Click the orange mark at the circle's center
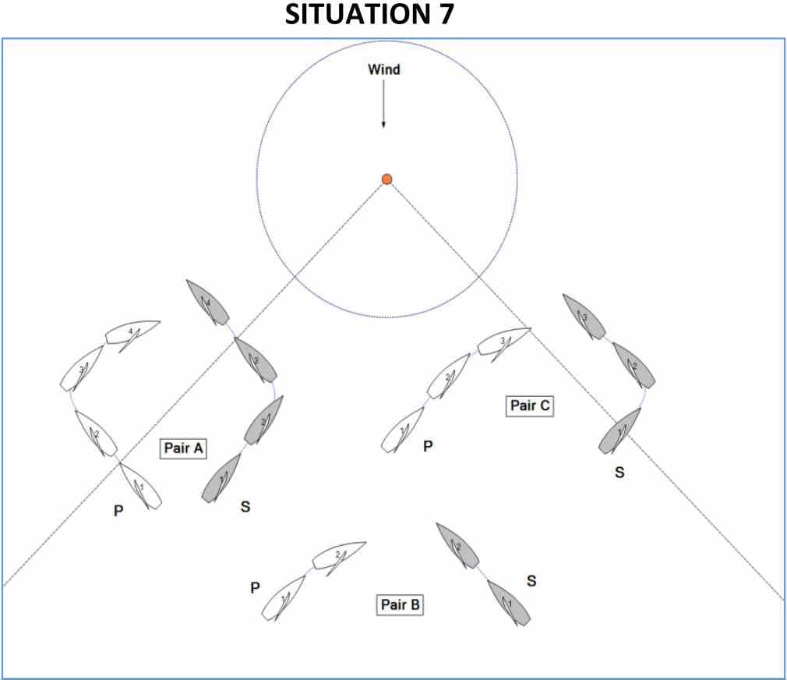[x=386, y=179]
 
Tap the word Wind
[x=383, y=69]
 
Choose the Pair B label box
[x=401, y=604]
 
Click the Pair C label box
[x=531, y=406]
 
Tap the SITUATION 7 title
[x=369, y=16]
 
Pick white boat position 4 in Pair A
[x=132, y=333]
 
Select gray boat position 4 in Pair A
[x=207, y=303]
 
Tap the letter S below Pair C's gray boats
[x=619, y=473]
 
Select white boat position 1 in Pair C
[x=402, y=431]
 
